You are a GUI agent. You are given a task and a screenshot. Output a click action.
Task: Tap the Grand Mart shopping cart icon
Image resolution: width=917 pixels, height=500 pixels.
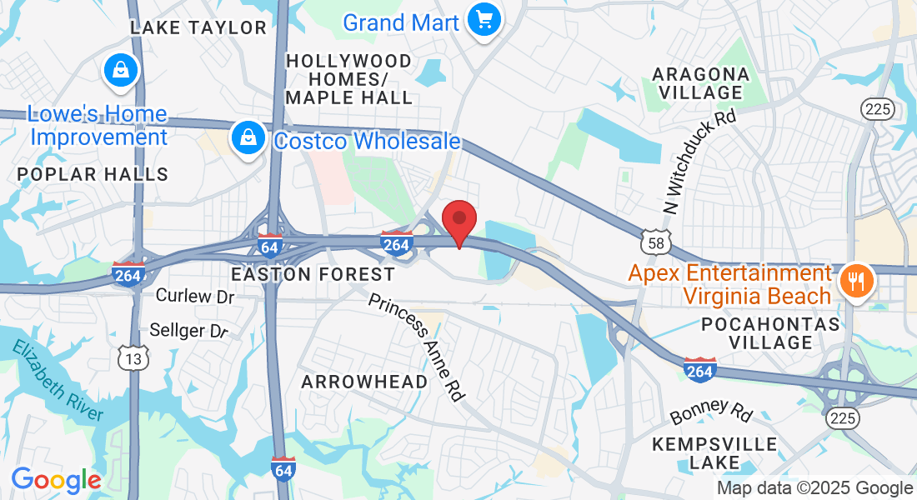483,19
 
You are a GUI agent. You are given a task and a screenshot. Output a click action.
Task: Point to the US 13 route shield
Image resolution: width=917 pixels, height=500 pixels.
133,358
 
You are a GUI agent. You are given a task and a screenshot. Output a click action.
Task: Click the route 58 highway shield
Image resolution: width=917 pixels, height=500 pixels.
655,242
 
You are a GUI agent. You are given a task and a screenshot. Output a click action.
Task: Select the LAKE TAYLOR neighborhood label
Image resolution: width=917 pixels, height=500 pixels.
198,27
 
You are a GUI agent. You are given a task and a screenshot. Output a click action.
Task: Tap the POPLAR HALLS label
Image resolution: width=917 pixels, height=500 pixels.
93,174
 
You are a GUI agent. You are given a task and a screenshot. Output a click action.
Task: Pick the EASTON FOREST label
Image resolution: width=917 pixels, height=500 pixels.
313,274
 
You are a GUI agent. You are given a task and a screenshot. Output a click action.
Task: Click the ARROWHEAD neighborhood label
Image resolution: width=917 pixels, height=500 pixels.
364,382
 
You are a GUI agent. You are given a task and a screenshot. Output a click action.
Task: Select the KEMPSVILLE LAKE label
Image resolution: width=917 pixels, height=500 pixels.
714,452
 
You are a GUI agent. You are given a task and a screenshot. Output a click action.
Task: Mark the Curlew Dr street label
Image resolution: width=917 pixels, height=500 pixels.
195,296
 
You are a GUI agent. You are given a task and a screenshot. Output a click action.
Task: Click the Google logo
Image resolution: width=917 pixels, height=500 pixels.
56,480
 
